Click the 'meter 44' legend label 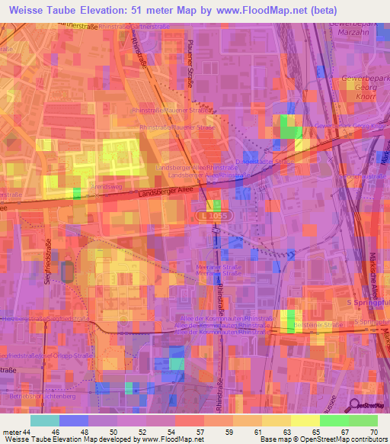(17, 431)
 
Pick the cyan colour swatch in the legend (45, 420)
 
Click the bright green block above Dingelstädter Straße (289, 126)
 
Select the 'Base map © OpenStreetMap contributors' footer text (321, 439)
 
